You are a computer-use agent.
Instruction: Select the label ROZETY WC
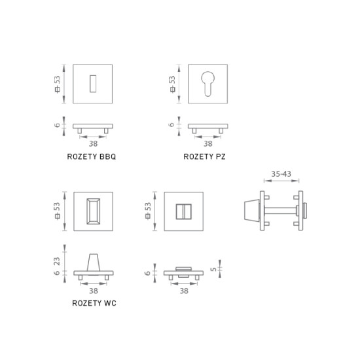pos(94,303)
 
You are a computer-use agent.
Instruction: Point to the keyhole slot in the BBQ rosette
pos(92,82)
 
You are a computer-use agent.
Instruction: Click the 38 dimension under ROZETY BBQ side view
pos(93,143)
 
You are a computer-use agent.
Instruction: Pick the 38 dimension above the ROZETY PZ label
pos(208,143)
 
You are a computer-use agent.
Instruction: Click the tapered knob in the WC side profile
pos(92,260)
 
